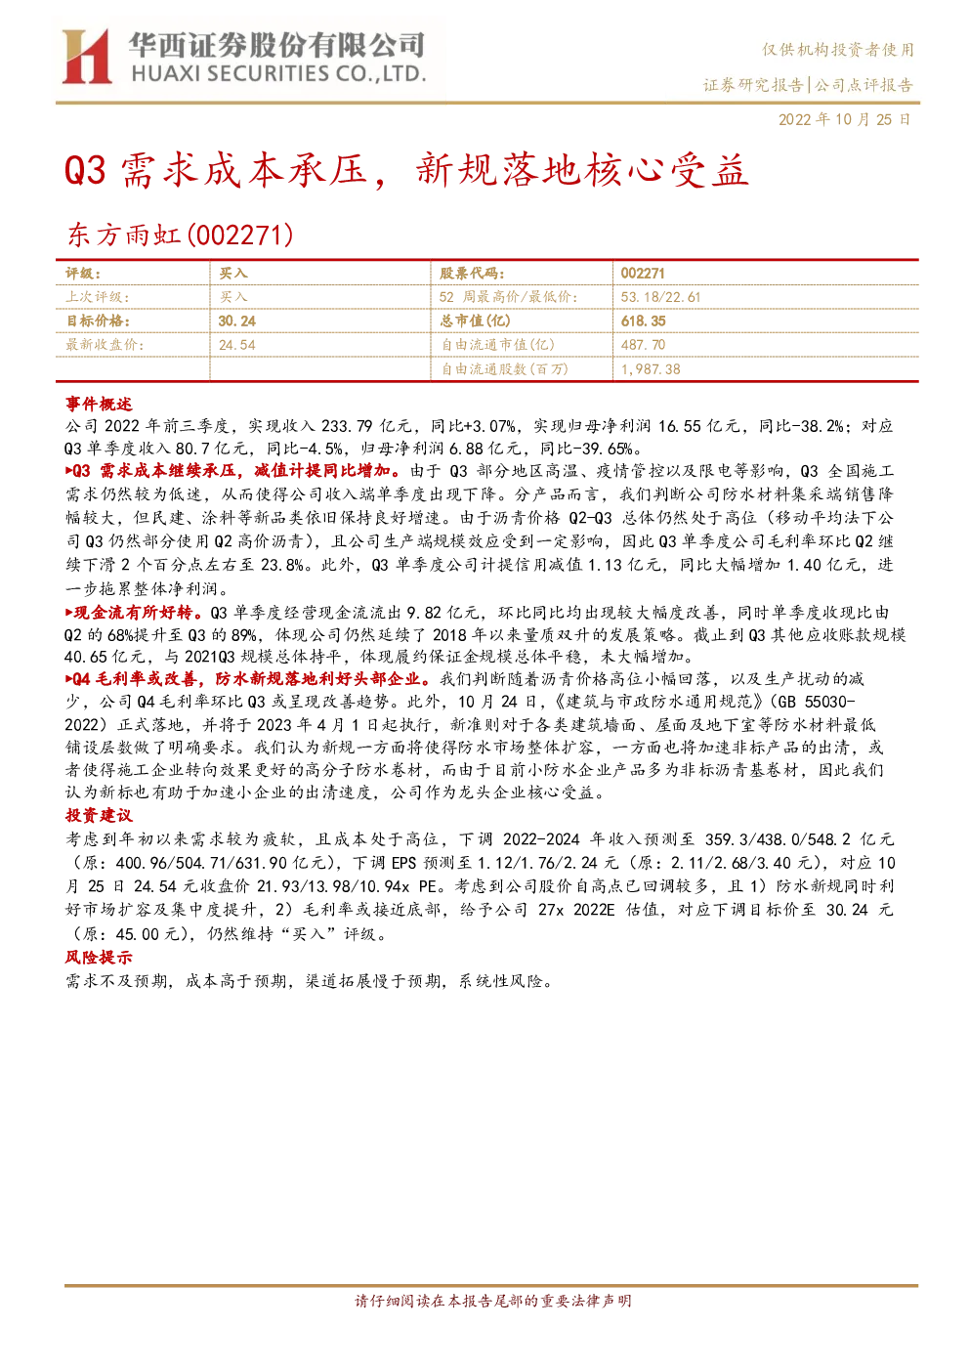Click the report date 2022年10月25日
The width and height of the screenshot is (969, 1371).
844,119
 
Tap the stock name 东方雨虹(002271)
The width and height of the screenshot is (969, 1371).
181,236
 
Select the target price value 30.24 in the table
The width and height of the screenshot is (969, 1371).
237,321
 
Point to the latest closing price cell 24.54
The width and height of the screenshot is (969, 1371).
237,345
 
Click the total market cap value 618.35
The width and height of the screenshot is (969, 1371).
643,321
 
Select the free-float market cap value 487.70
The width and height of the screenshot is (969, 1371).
643,345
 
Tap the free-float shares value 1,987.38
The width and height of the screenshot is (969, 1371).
651,369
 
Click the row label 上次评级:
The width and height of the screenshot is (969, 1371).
98,297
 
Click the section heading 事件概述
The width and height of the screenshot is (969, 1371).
99,404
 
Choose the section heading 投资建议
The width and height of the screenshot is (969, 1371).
99,815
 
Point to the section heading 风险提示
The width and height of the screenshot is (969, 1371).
99,958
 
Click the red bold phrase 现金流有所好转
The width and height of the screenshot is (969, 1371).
134,612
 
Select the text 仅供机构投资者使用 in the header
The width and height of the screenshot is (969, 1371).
837,50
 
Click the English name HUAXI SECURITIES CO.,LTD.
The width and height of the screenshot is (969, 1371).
279,74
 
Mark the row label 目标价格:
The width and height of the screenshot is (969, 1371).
98,321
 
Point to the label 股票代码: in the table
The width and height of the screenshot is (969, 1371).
472,273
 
